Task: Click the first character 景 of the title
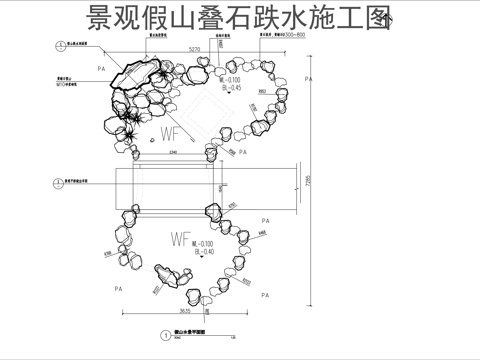[x=103, y=19]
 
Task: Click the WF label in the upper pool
[x=171, y=132]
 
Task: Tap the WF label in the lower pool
[x=180, y=241]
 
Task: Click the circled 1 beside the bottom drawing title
[x=164, y=336]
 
